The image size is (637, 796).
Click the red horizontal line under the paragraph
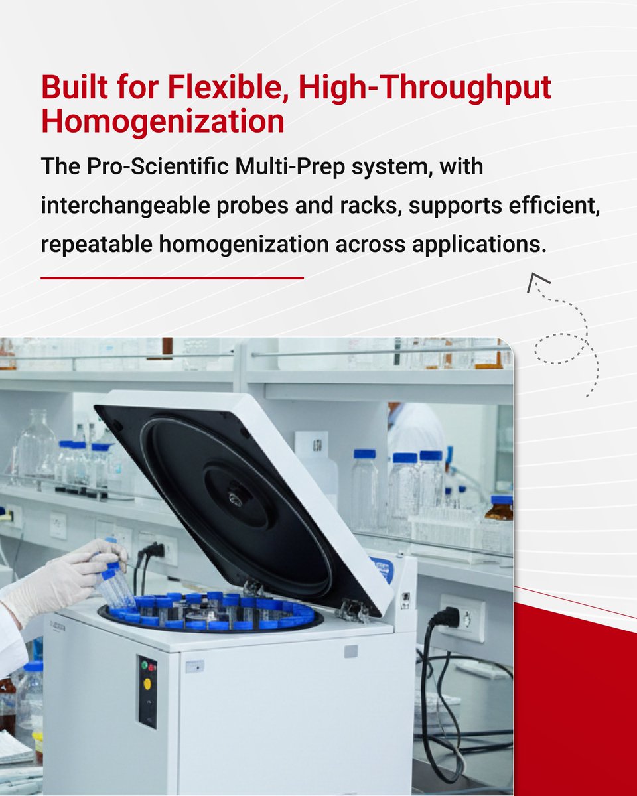point(172,278)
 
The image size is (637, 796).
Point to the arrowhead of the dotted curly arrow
point(537,282)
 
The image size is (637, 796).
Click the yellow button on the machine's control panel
point(147,683)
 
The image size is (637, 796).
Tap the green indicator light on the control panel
point(146,665)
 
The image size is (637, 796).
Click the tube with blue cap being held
point(113,584)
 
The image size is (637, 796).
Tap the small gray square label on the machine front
point(350,651)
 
